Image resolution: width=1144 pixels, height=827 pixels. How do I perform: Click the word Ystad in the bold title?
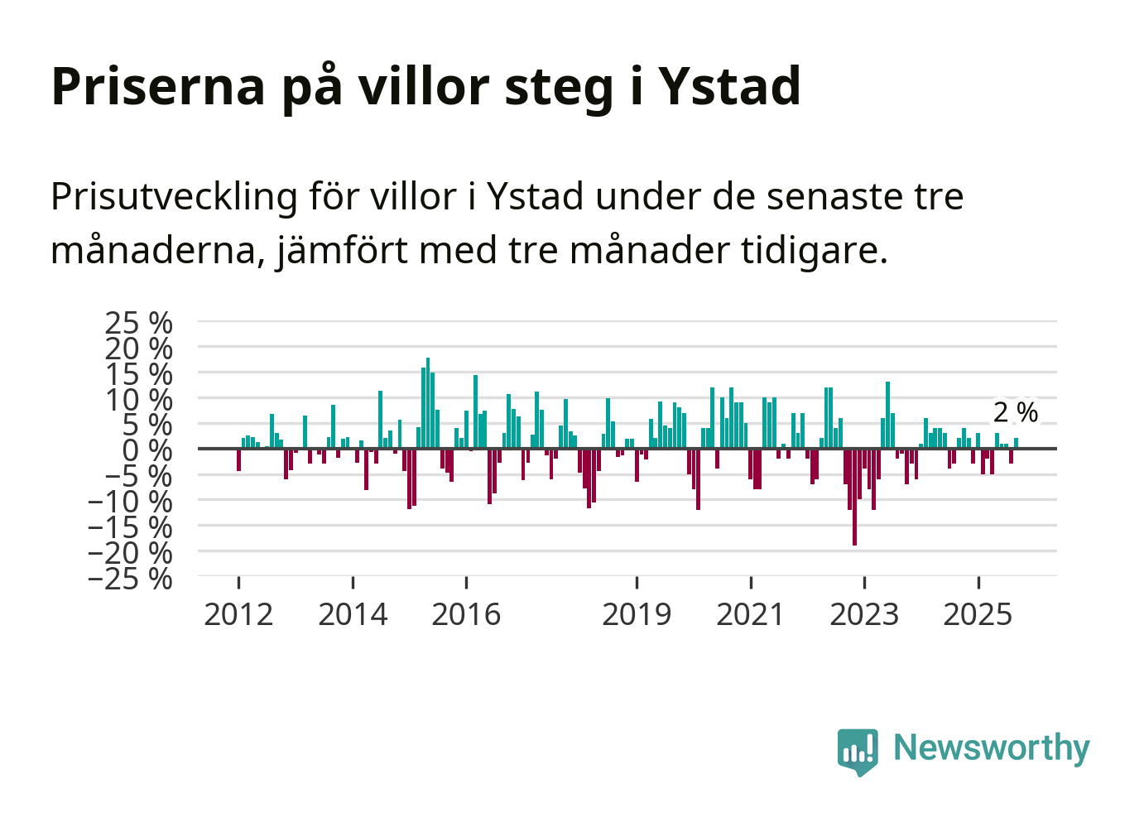(729, 86)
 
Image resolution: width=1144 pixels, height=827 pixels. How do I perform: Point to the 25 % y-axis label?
(138, 322)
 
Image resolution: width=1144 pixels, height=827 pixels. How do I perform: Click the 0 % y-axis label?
(147, 450)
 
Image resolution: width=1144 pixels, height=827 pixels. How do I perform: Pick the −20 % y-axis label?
(130, 552)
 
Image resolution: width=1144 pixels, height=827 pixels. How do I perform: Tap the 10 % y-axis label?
(138, 399)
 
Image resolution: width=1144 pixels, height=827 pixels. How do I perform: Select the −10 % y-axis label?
(130, 501)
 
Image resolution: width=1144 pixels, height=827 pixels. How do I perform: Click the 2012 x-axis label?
(238, 614)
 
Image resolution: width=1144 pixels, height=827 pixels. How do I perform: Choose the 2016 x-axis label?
(466, 614)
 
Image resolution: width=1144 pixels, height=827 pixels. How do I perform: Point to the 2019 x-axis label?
(637, 614)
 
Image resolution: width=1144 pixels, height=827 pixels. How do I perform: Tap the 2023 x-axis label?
(864, 614)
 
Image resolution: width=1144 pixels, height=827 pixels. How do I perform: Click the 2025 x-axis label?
(978, 614)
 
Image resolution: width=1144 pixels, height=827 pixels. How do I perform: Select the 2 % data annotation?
(1015, 412)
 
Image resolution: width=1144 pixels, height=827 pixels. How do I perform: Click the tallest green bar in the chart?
(428, 403)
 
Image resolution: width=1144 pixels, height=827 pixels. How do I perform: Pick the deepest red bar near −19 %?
(854, 497)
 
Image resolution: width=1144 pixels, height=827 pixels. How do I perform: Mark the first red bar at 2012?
(238, 459)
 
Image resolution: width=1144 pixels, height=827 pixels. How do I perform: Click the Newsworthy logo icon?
(857, 751)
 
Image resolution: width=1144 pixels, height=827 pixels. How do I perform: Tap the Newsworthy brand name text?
(991, 748)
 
